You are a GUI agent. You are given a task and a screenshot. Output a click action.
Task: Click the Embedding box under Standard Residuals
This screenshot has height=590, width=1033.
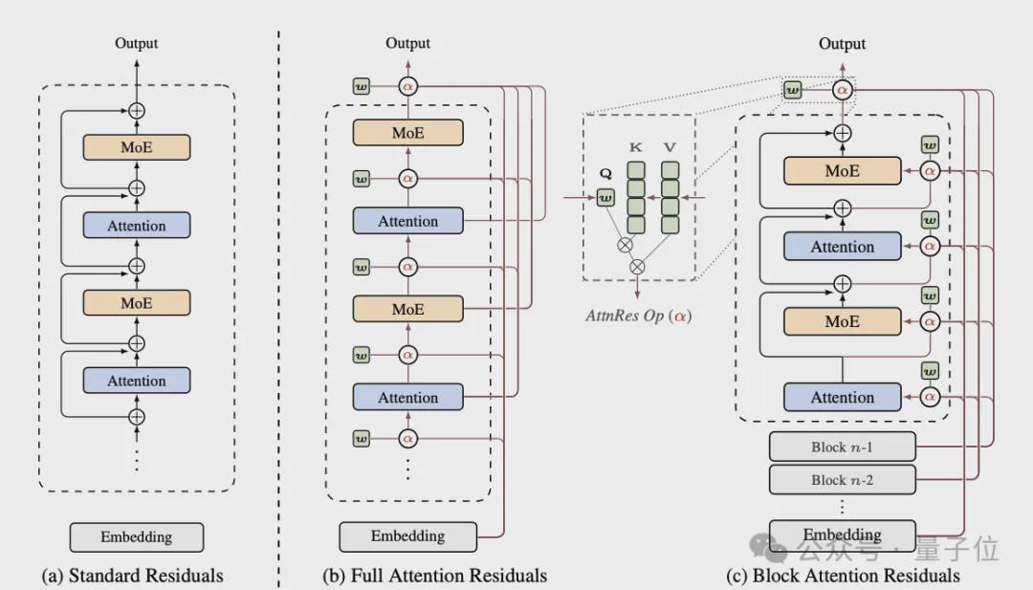pos(137,537)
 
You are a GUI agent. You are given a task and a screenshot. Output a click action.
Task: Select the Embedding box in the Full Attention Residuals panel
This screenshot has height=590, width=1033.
pos(407,536)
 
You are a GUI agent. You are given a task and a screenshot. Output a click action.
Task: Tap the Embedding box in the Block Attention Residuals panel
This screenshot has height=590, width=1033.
pos(842,535)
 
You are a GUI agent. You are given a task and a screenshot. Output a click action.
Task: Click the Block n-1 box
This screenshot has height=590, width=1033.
pos(842,448)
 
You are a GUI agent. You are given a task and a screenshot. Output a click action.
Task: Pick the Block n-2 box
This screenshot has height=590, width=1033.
pos(842,480)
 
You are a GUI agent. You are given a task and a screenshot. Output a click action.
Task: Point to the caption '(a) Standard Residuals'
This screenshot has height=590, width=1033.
pos(132,576)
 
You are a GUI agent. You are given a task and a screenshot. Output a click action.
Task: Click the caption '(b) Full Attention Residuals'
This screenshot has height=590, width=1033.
pos(435,576)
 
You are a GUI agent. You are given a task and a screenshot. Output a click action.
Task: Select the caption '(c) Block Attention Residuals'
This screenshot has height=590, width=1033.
pos(843,576)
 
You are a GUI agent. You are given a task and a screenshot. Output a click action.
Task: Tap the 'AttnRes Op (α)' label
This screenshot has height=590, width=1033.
pos(638,317)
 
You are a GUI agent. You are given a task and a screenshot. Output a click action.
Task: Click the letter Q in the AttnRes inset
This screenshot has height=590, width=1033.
pos(605,174)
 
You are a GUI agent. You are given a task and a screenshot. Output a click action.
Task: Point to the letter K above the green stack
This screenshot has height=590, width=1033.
pos(635,147)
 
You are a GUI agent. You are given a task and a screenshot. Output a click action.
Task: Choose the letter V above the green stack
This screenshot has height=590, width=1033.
pos(670,147)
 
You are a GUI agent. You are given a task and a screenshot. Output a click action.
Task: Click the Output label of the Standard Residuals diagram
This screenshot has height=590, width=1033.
pos(137,43)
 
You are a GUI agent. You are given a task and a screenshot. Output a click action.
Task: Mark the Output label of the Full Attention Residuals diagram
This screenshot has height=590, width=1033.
pos(407,43)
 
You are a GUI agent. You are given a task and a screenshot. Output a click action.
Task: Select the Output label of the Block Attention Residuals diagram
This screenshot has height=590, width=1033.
pos(842,43)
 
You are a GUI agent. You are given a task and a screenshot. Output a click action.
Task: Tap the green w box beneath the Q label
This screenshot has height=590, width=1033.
pos(605,198)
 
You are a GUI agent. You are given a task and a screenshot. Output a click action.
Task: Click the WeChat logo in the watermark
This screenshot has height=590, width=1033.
pos(767,547)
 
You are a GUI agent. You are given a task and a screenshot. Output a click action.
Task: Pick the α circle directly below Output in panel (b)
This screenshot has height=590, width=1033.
pos(407,86)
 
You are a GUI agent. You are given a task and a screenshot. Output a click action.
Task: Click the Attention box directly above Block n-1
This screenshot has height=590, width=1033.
pos(842,398)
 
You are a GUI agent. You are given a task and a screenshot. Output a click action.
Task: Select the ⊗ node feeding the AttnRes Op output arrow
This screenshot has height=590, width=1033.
pos(637,267)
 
